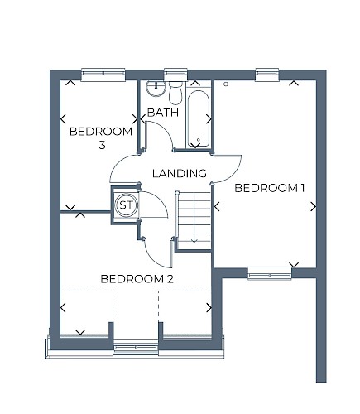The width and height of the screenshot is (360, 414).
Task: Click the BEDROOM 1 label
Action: [x=270, y=188]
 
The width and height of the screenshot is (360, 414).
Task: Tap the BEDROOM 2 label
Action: [x=137, y=279]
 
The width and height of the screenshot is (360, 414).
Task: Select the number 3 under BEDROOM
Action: [x=102, y=145]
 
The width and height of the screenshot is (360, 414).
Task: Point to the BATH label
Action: [x=163, y=113]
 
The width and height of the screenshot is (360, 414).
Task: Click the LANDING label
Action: [x=180, y=173]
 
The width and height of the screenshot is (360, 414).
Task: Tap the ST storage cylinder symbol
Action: [x=126, y=205]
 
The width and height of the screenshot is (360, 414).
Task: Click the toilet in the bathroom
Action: [x=175, y=93]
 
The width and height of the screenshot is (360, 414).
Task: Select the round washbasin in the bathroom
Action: [x=156, y=89]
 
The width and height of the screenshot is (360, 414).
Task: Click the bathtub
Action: [x=199, y=119]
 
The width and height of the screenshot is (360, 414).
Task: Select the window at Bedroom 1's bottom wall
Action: [x=270, y=273]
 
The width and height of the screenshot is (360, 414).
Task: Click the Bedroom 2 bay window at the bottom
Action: [x=136, y=349]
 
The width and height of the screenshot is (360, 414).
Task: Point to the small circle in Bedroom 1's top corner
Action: [x=226, y=84]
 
